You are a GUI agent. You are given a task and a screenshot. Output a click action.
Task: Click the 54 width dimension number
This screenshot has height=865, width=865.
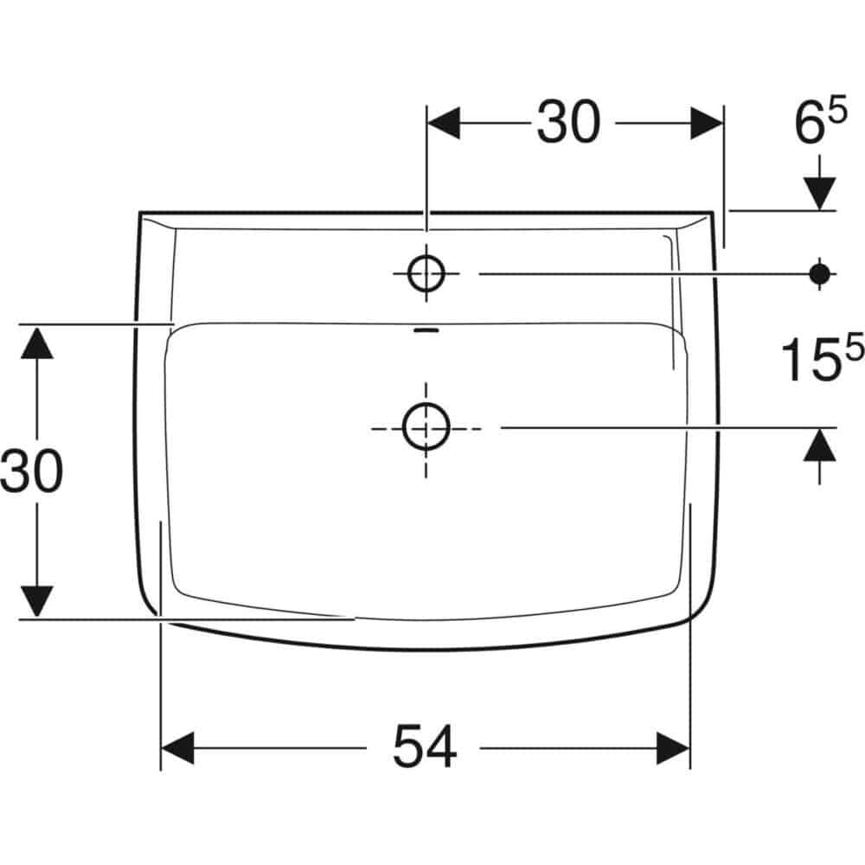[425, 746]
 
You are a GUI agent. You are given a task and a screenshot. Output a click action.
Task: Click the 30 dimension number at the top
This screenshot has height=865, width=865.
[568, 122]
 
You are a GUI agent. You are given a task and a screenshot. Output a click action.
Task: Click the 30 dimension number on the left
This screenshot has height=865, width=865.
[31, 471]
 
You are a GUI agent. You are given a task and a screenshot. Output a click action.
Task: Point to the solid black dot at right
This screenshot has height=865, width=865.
[820, 273]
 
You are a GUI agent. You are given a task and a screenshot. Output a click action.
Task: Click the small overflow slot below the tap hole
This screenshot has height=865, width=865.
[426, 330]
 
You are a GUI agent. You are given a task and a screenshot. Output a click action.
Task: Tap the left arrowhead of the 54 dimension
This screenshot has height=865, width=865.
[177, 748]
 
